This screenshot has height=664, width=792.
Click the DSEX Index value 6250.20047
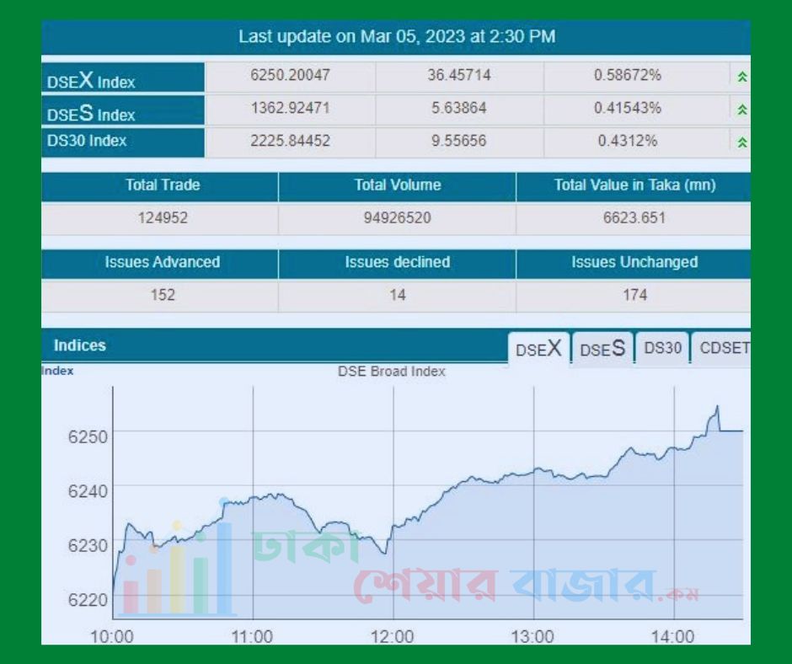pyautogui.click(x=291, y=76)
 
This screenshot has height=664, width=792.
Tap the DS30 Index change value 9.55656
pyautogui.click(x=458, y=141)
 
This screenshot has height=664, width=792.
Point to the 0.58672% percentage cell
pyautogui.click(x=628, y=76)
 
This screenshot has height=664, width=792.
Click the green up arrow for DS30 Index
pyautogui.click(x=742, y=142)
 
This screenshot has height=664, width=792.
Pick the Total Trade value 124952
pyautogui.click(x=163, y=218)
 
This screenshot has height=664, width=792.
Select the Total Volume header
pyautogui.click(x=398, y=185)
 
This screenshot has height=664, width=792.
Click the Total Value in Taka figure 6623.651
pyautogui.click(x=634, y=218)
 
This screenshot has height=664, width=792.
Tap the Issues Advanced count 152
pyautogui.click(x=163, y=295)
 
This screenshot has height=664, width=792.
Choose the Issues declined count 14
pyautogui.click(x=398, y=295)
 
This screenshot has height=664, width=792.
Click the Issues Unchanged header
pyautogui.click(x=634, y=262)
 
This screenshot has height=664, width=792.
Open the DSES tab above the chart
pyautogui.click(x=602, y=349)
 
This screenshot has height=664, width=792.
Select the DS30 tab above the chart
pyautogui.click(x=662, y=348)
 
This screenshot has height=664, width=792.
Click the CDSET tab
pyautogui.click(x=723, y=348)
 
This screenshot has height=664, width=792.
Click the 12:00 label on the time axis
pyautogui.click(x=392, y=636)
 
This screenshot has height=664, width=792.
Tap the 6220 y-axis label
pyautogui.click(x=88, y=600)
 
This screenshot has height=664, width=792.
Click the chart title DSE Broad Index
pyautogui.click(x=392, y=372)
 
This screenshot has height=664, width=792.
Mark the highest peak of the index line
pyautogui.click(x=717, y=407)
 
